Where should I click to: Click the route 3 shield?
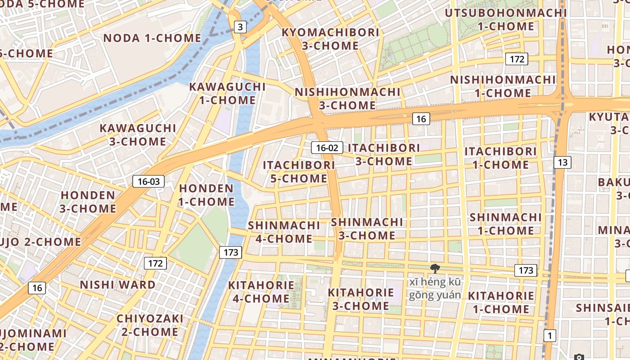[x=240, y=27]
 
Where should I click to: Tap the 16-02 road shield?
[x=327, y=148]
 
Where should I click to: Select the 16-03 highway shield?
[x=148, y=182]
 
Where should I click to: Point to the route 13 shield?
[x=562, y=162]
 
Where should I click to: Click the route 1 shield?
[x=549, y=335]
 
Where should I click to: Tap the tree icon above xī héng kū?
[x=435, y=269]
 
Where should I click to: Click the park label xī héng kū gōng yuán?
[x=435, y=288]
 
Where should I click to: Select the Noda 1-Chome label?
[x=152, y=38]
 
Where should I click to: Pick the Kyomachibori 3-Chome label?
[x=330, y=39]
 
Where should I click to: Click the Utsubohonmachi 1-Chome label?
[x=506, y=20]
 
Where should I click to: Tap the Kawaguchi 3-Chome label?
[x=138, y=135]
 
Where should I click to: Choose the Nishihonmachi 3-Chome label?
[x=347, y=99]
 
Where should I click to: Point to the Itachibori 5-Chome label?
[x=299, y=171]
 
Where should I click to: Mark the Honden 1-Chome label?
[x=207, y=195]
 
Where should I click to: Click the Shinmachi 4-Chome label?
[x=284, y=232]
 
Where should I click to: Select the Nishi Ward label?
[x=117, y=285]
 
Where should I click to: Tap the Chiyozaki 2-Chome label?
[x=150, y=325]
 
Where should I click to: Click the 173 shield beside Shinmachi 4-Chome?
[x=231, y=252]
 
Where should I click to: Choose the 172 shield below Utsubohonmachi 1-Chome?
[x=516, y=59]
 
